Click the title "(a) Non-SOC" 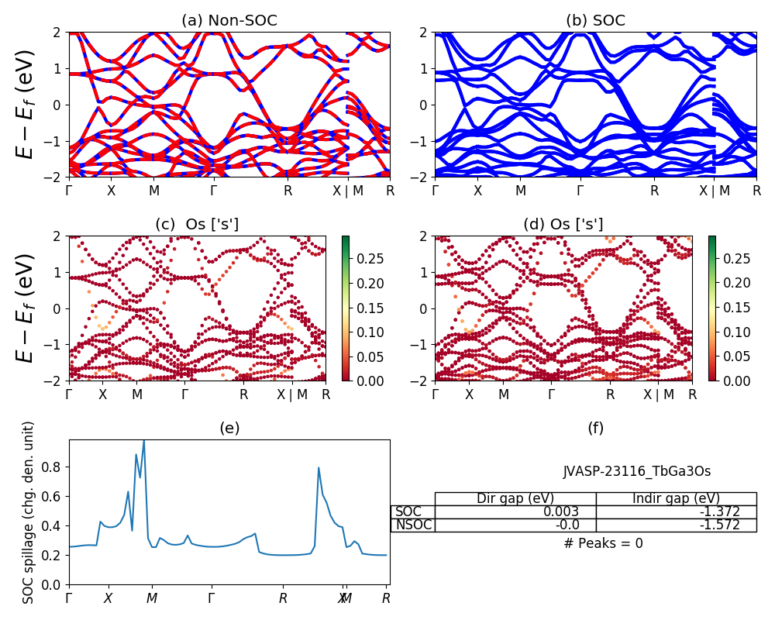229,21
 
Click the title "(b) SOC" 595,21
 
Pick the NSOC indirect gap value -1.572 718,525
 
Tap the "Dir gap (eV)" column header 515,498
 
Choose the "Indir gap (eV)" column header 676,498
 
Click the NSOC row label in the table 413,525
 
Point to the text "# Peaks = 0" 603,543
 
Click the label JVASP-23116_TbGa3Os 636,471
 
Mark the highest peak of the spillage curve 143,440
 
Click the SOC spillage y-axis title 29,512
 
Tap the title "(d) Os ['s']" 563,225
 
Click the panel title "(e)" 229,428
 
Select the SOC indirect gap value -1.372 718,511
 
